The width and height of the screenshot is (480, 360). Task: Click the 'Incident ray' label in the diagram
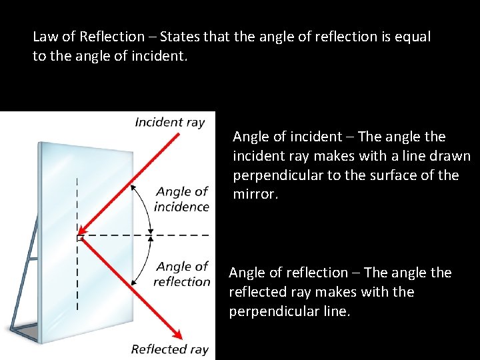coord(169,122)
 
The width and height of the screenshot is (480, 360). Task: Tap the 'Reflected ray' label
coord(169,349)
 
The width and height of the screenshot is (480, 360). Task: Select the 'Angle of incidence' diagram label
coord(181,199)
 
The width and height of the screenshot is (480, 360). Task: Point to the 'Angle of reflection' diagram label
coord(181,274)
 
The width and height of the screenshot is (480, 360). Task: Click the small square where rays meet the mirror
coord(79,237)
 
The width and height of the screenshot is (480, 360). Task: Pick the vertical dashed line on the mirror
coord(77,280)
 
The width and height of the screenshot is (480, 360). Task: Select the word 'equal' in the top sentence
coord(413,37)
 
